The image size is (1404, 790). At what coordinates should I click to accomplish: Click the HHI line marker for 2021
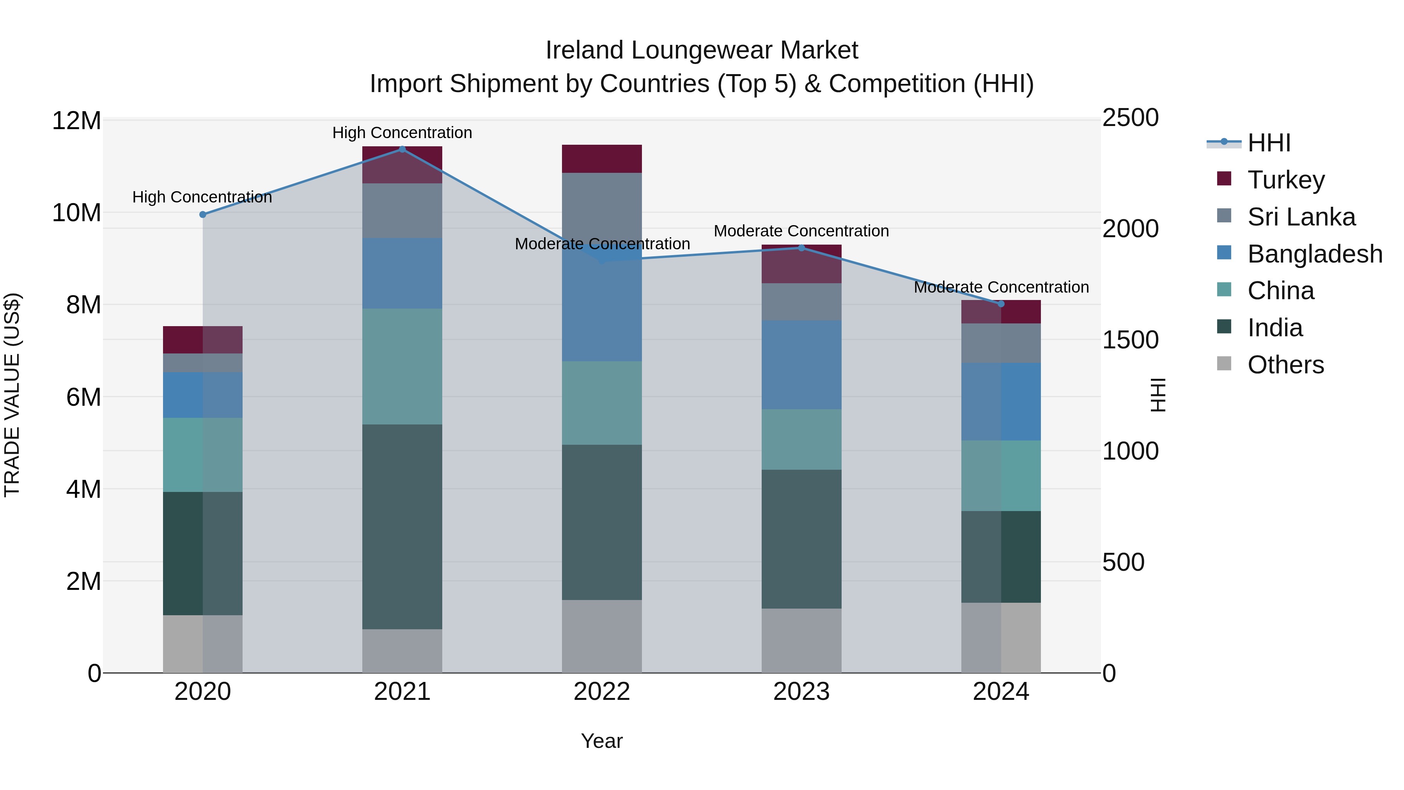point(402,149)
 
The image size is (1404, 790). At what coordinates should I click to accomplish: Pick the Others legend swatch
point(1224,364)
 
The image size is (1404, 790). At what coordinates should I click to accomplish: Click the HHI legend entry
point(1268,143)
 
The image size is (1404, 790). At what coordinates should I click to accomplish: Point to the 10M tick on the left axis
point(76,213)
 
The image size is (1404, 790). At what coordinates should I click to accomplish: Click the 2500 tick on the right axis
point(1130,118)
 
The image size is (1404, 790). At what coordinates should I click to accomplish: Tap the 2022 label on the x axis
point(602,692)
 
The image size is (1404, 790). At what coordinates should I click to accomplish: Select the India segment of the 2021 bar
point(402,527)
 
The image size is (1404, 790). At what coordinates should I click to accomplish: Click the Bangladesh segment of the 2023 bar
point(801,365)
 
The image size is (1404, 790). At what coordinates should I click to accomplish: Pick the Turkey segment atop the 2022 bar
point(602,159)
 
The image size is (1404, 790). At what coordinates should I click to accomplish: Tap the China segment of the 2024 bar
point(1001,476)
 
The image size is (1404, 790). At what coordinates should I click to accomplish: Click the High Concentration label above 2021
point(402,133)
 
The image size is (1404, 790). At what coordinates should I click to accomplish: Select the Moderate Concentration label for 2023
point(801,231)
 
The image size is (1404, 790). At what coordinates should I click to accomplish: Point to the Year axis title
point(602,741)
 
